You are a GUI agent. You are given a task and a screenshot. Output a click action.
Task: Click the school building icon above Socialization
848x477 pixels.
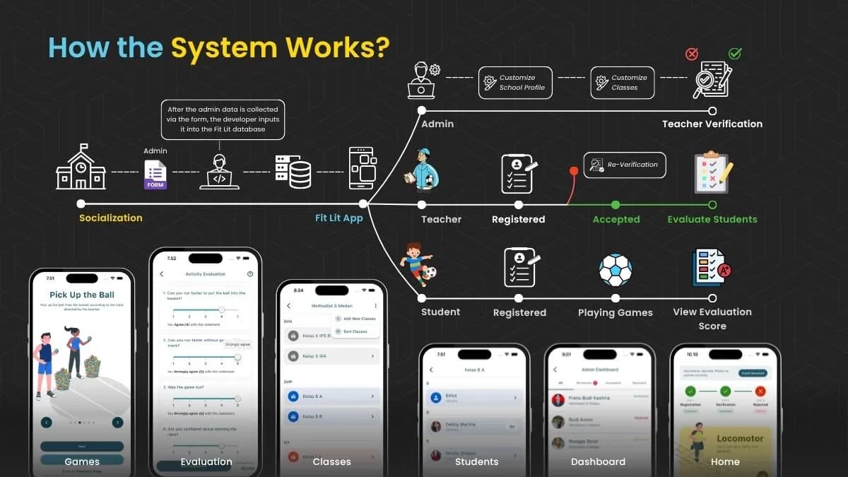click(x=81, y=167)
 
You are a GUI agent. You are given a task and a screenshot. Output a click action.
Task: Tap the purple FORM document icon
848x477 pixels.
click(x=155, y=175)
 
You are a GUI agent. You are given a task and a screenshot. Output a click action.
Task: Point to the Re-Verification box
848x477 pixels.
click(x=625, y=165)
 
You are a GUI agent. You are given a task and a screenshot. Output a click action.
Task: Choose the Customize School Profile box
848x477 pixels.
click(x=515, y=83)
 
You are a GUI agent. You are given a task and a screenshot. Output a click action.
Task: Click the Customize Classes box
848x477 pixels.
click(x=622, y=83)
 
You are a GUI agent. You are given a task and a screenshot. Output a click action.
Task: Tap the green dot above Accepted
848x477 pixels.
click(x=616, y=205)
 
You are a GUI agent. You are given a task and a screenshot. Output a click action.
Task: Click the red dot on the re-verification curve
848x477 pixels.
click(x=574, y=171)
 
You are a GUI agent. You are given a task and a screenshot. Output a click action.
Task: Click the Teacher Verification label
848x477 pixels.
click(x=712, y=124)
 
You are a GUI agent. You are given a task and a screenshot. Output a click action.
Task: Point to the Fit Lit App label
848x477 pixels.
click(x=339, y=218)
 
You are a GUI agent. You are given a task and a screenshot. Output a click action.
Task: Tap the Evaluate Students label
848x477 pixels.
click(x=712, y=219)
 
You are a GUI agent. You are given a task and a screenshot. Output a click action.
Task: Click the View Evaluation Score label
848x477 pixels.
click(x=712, y=319)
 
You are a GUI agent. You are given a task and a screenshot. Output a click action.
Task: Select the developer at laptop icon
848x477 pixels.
click(x=220, y=172)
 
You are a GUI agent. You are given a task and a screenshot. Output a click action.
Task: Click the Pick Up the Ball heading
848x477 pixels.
click(x=82, y=295)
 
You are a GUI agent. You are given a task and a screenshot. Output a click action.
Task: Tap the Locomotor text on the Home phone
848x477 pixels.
click(x=740, y=439)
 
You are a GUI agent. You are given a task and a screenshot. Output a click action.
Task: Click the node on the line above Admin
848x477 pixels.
click(x=422, y=111)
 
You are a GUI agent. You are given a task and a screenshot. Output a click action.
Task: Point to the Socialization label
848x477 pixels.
click(x=111, y=218)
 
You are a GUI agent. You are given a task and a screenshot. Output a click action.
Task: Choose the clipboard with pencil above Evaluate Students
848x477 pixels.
click(x=712, y=172)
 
